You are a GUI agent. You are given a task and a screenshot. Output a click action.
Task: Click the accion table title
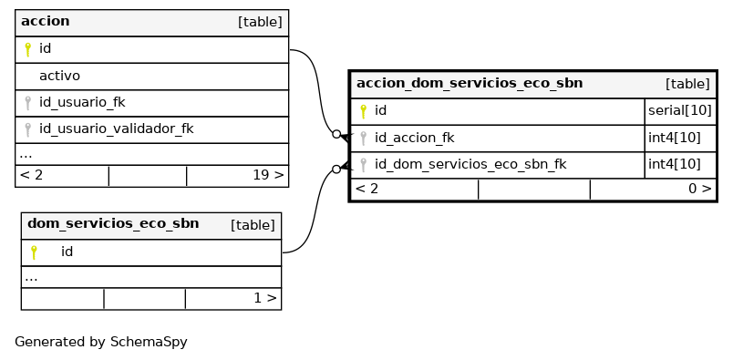tap(46, 22)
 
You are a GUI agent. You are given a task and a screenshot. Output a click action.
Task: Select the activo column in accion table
tap(59, 76)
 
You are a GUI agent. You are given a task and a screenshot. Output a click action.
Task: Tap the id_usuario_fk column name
tap(82, 102)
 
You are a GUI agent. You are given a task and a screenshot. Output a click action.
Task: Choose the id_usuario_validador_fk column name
tap(117, 129)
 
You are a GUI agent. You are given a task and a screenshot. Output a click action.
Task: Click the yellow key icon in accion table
tap(27, 49)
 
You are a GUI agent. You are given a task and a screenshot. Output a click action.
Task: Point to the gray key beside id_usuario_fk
tap(27, 103)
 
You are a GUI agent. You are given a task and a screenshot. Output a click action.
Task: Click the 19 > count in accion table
tap(268, 175)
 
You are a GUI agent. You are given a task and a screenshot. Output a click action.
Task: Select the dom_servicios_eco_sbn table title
tap(113, 223)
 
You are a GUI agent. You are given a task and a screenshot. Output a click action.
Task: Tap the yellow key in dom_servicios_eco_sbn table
tap(34, 252)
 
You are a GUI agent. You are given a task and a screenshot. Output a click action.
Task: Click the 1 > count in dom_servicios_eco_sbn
tap(265, 298)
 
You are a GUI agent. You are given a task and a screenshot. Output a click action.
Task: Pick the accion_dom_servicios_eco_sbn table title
tap(470, 83)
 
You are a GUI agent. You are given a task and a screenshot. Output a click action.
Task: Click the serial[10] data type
tap(680, 111)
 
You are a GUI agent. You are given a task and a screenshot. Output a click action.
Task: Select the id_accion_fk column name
tap(414, 138)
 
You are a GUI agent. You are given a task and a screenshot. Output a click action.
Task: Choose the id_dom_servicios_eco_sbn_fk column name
tap(470, 165)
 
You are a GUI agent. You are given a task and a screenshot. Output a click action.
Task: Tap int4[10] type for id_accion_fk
tap(675, 138)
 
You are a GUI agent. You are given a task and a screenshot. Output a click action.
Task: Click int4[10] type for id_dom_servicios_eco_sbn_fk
tap(675, 165)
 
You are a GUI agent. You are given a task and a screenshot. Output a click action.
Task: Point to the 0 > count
tap(700, 189)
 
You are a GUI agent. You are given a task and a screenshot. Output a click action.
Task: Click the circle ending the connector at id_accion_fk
tap(336, 134)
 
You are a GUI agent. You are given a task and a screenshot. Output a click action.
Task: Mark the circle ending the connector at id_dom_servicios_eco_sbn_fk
tap(336, 170)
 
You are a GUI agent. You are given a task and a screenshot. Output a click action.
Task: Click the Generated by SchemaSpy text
tap(101, 343)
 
